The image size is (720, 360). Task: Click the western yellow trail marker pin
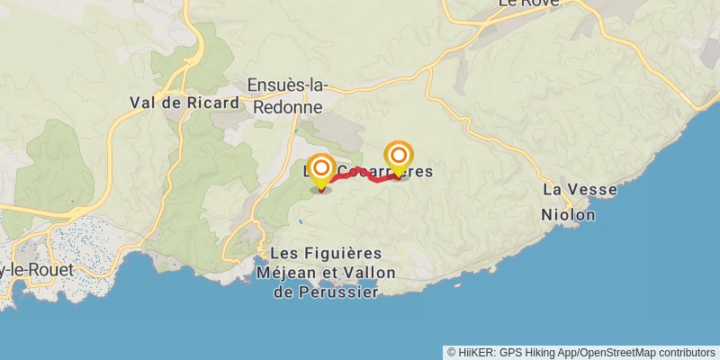321,168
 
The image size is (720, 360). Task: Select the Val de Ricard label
184,102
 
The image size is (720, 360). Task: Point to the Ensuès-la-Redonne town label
288,95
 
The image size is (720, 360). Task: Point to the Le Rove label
528,4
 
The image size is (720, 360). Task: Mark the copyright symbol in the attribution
452,352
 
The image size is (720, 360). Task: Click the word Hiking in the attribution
546,352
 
